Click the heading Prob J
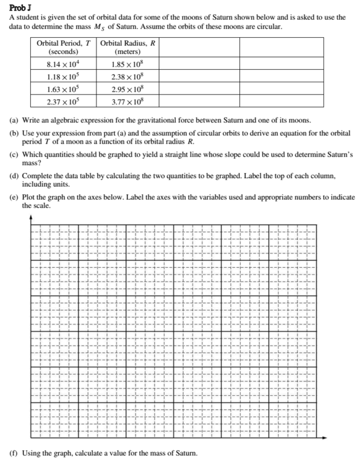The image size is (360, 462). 18,7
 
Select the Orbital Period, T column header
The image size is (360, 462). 63,48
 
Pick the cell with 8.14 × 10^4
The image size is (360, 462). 63,64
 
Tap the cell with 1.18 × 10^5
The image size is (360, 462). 63,77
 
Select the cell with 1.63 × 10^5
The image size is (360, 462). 63,89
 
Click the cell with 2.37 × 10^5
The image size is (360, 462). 63,101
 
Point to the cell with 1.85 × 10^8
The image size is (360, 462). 127,64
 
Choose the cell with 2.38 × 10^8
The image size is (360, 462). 127,77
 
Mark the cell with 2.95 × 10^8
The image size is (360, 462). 127,89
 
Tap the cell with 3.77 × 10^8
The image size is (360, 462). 127,101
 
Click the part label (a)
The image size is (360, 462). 14,119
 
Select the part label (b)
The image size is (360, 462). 14,133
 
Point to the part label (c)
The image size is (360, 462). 14,153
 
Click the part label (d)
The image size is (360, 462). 14,176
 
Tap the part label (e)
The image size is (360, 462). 14,197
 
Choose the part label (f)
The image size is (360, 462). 14,453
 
